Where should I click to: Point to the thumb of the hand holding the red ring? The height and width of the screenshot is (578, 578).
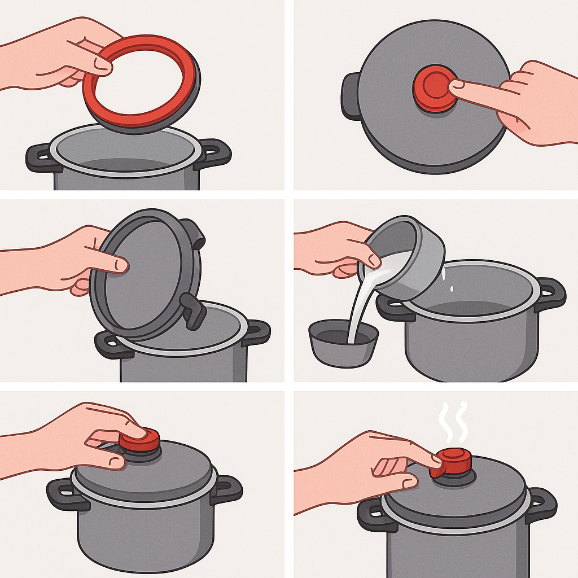(x=102, y=64)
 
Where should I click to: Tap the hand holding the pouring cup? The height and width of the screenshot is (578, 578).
(x=333, y=248)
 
